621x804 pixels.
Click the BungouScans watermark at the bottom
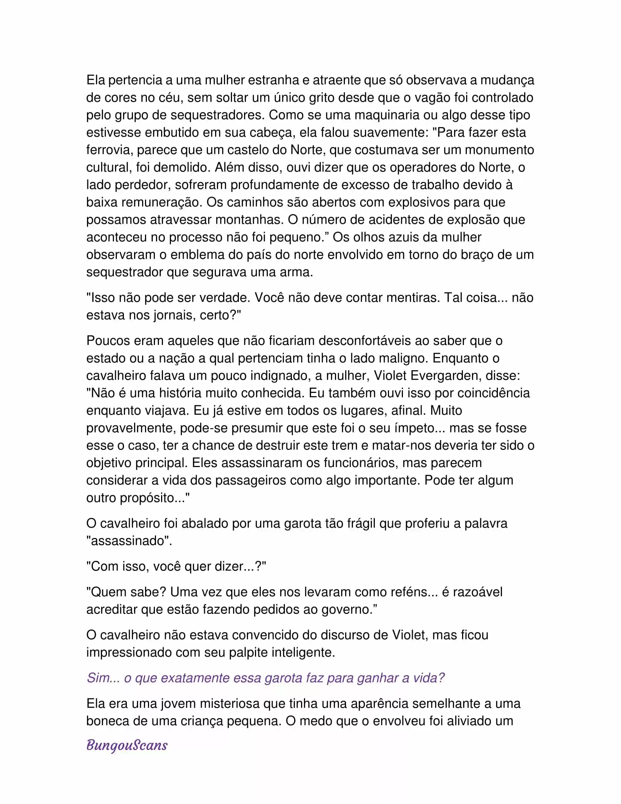coord(127,746)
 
